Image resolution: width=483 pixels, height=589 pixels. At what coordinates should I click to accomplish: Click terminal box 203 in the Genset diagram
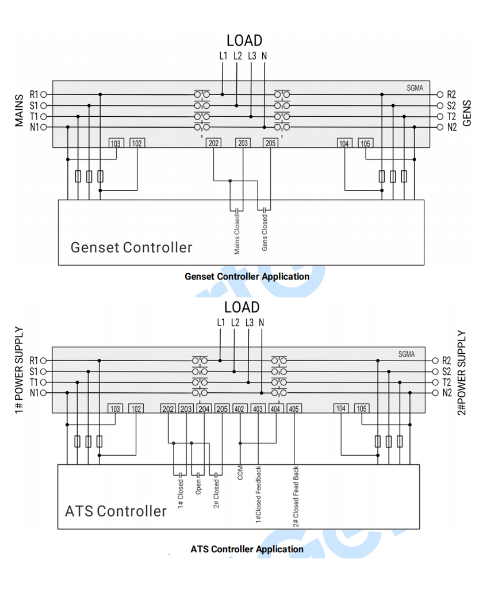click(x=243, y=143)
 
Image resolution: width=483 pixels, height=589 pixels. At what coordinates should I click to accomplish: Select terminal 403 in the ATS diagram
click(x=258, y=409)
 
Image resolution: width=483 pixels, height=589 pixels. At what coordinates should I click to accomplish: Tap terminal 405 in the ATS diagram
click(x=294, y=409)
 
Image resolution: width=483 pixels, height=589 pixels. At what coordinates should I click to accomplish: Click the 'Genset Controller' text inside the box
click(x=131, y=247)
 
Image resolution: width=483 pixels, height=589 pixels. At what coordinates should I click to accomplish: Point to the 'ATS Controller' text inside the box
click(x=116, y=511)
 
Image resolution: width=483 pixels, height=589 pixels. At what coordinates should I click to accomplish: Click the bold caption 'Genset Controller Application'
click(x=247, y=277)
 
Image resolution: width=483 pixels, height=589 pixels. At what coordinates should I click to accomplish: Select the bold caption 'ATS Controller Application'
click(x=247, y=549)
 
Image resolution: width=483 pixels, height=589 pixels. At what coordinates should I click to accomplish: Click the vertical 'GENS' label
click(x=467, y=113)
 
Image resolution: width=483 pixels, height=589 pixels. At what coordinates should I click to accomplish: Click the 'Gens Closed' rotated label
click(x=265, y=232)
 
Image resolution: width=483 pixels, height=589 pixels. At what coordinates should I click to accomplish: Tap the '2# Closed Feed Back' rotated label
click(x=296, y=496)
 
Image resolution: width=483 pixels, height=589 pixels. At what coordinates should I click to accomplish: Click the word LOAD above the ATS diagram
click(x=241, y=307)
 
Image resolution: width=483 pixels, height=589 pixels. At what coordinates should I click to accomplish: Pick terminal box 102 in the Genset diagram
click(x=137, y=143)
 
